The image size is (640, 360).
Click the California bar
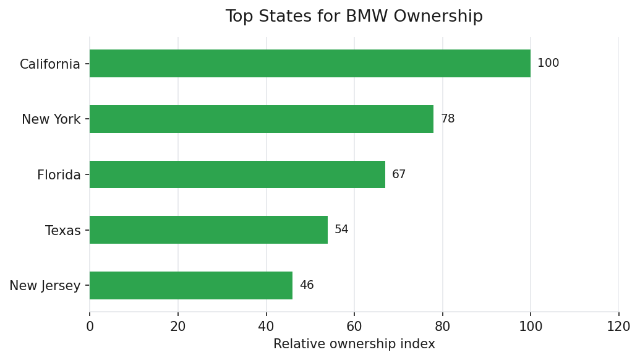pos(310,64)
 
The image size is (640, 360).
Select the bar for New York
pos(262,119)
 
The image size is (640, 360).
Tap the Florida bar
pos(237,174)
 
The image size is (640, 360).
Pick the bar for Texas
pos(208,230)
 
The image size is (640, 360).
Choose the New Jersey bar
pos(191,285)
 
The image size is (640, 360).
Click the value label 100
pos(548,63)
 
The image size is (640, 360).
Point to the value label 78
pos(448,119)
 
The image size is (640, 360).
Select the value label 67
pos(399,174)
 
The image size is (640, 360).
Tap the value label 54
pos(341,229)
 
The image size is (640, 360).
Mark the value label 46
pos(307,285)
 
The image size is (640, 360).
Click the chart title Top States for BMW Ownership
pos(354,17)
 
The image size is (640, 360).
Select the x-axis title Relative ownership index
pos(354,344)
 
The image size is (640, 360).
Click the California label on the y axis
pos(50,64)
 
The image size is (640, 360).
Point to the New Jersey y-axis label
pos(45,286)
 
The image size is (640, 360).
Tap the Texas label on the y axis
pos(63,231)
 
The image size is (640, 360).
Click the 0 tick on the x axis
pos(90,326)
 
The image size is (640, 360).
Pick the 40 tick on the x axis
pos(267,326)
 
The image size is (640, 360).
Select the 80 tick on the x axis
pos(443,326)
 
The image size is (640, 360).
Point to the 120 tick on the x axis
pos(619,326)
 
